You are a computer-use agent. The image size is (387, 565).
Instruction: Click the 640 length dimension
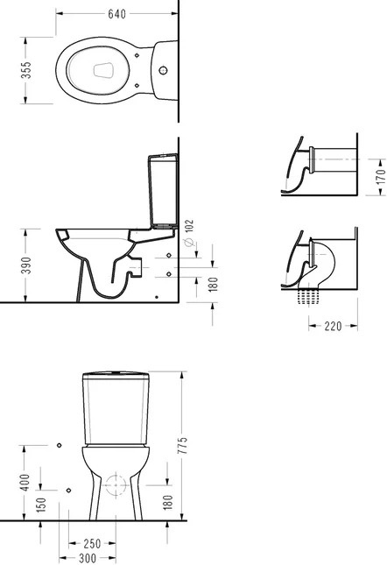click(117, 14)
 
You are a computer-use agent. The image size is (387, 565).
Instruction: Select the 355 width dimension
click(26, 70)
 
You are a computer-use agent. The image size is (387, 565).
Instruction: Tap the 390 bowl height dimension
click(26, 265)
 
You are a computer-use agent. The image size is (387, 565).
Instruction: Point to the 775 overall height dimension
click(184, 445)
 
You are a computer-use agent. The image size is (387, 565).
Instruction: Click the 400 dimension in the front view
click(25, 483)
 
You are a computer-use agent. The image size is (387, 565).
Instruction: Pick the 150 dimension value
click(41, 505)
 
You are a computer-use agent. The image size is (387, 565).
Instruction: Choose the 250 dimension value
click(92, 543)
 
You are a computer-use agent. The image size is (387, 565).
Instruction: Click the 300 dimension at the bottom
click(88, 558)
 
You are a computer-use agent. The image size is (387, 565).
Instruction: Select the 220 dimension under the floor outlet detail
click(333, 326)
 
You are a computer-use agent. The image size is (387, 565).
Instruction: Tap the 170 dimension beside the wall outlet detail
click(381, 177)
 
